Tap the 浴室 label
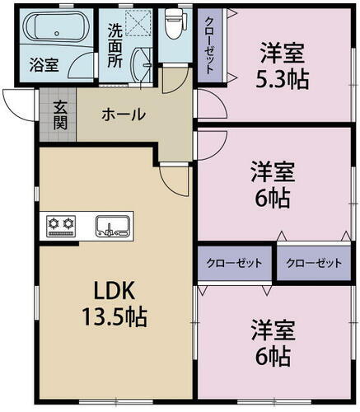click(x=43, y=64)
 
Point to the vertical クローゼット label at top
click(x=211, y=46)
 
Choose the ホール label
click(x=124, y=114)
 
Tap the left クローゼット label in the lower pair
click(x=235, y=263)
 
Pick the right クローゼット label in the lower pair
click(x=313, y=263)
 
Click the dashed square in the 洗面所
click(x=138, y=22)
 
